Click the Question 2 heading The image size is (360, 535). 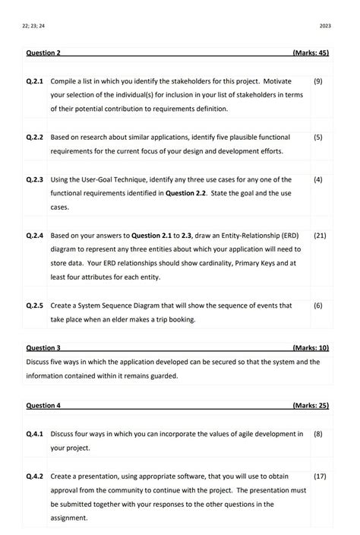point(43,53)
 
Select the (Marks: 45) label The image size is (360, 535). point(310,53)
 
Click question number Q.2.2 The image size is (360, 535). point(35,138)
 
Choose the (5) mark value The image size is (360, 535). point(317,138)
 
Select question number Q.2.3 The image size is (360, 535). point(35,180)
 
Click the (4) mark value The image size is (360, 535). point(317,180)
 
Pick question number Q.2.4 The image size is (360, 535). point(35,236)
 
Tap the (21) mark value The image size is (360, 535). point(319,236)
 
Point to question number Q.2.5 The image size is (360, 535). point(35,305)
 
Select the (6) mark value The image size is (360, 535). point(317,305)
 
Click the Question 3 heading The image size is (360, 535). point(43,347)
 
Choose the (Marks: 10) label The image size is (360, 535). point(310,347)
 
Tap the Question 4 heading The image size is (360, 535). point(43,406)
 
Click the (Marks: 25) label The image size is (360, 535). point(310,406)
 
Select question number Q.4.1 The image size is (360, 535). point(35,434)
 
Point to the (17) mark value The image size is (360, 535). point(319,476)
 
